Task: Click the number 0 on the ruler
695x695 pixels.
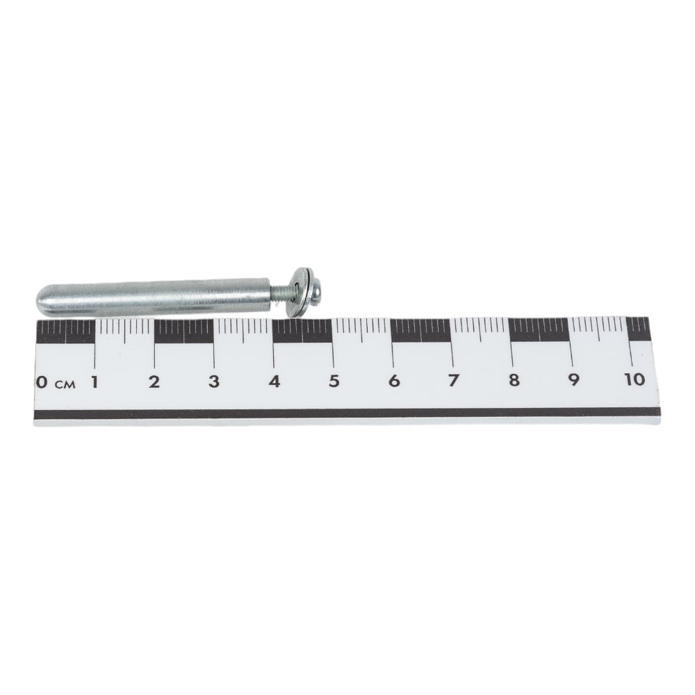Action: (41, 382)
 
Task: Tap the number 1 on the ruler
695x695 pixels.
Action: (95, 382)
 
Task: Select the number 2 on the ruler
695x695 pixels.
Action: (154, 381)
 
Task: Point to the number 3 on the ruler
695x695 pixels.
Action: (214, 381)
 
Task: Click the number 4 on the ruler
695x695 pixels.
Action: (275, 381)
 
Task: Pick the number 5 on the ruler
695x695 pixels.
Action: (334, 381)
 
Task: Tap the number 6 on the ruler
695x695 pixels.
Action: (394, 381)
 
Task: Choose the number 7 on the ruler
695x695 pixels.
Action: (453, 380)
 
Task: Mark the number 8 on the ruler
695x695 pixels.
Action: (514, 380)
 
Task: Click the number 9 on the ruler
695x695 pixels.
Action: (574, 379)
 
